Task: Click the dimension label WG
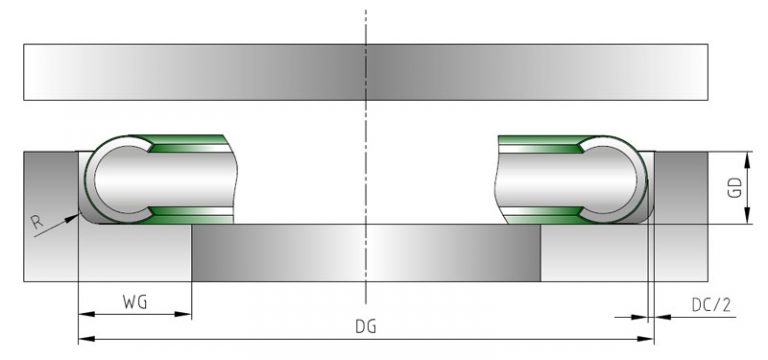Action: point(134,301)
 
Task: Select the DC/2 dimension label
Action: point(711,303)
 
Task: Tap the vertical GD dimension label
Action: point(735,187)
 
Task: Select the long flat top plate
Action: point(367,71)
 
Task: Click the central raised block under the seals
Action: point(366,252)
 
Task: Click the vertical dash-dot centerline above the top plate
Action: point(367,25)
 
